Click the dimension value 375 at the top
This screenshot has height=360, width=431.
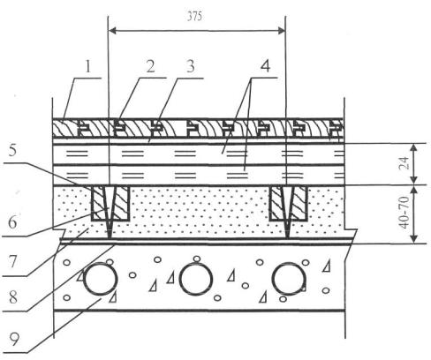[x=194, y=17]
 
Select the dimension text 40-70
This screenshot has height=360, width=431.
[x=405, y=213]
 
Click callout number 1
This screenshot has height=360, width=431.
[x=88, y=67]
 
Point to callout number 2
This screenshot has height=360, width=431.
[x=150, y=67]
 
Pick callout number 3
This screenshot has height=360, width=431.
[x=191, y=67]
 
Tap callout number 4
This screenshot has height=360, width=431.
[x=265, y=66]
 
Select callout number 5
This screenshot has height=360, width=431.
[x=12, y=151]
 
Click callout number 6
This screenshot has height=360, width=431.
[x=12, y=222]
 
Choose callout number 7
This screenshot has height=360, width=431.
[x=11, y=261]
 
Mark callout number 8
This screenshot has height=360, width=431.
[x=13, y=297]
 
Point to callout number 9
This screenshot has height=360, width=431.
[x=14, y=339]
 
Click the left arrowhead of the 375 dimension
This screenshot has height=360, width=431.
[x=113, y=30]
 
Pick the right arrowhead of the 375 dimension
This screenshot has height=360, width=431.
[x=282, y=30]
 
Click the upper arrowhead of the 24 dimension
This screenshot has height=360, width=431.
[x=414, y=148]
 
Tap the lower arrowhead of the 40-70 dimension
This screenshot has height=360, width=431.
[x=414, y=239]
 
